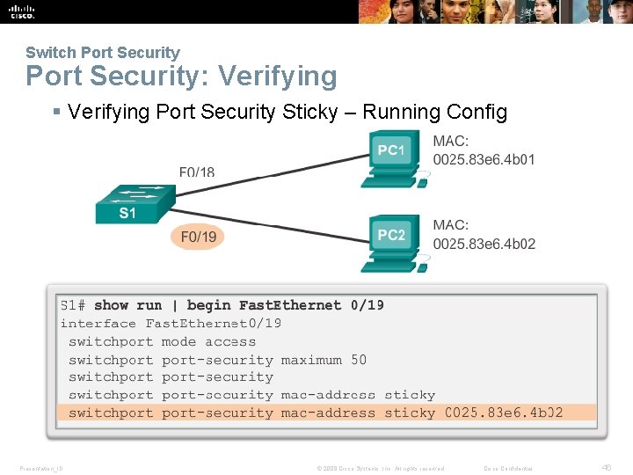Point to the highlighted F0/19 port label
point(198,237)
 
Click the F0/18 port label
point(197,172)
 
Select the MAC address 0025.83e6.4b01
point(484,159)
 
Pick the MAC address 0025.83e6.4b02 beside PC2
point(484,244)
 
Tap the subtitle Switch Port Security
point(102,53)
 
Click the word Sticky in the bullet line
point(319,112)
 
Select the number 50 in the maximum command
point(359,360)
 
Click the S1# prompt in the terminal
point(72,305)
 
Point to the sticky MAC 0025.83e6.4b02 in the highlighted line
point(504,413)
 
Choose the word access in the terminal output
point(230,341)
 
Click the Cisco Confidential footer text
point(508,468)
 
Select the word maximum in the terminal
point(311,360)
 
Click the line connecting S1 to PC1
point(264,175)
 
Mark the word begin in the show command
point(209,305)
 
